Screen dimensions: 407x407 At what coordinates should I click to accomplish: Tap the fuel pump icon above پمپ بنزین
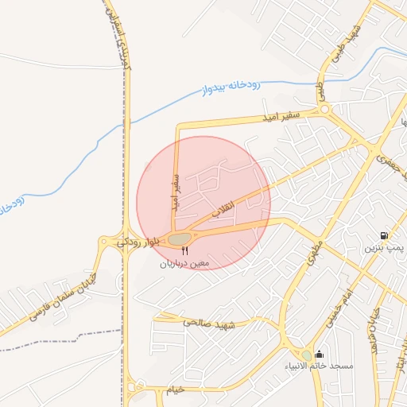tap(385, 236)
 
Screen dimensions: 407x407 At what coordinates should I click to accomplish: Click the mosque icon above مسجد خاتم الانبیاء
tap(320, 355)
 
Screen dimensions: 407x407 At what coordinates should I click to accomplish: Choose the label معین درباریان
tap(184, 262)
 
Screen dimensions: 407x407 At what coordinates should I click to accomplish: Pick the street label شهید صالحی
tap(210, 323)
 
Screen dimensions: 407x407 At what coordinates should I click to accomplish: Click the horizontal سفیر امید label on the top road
tap(282, 118)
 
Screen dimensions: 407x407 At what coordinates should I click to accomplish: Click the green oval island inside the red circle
tap(180, 238)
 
